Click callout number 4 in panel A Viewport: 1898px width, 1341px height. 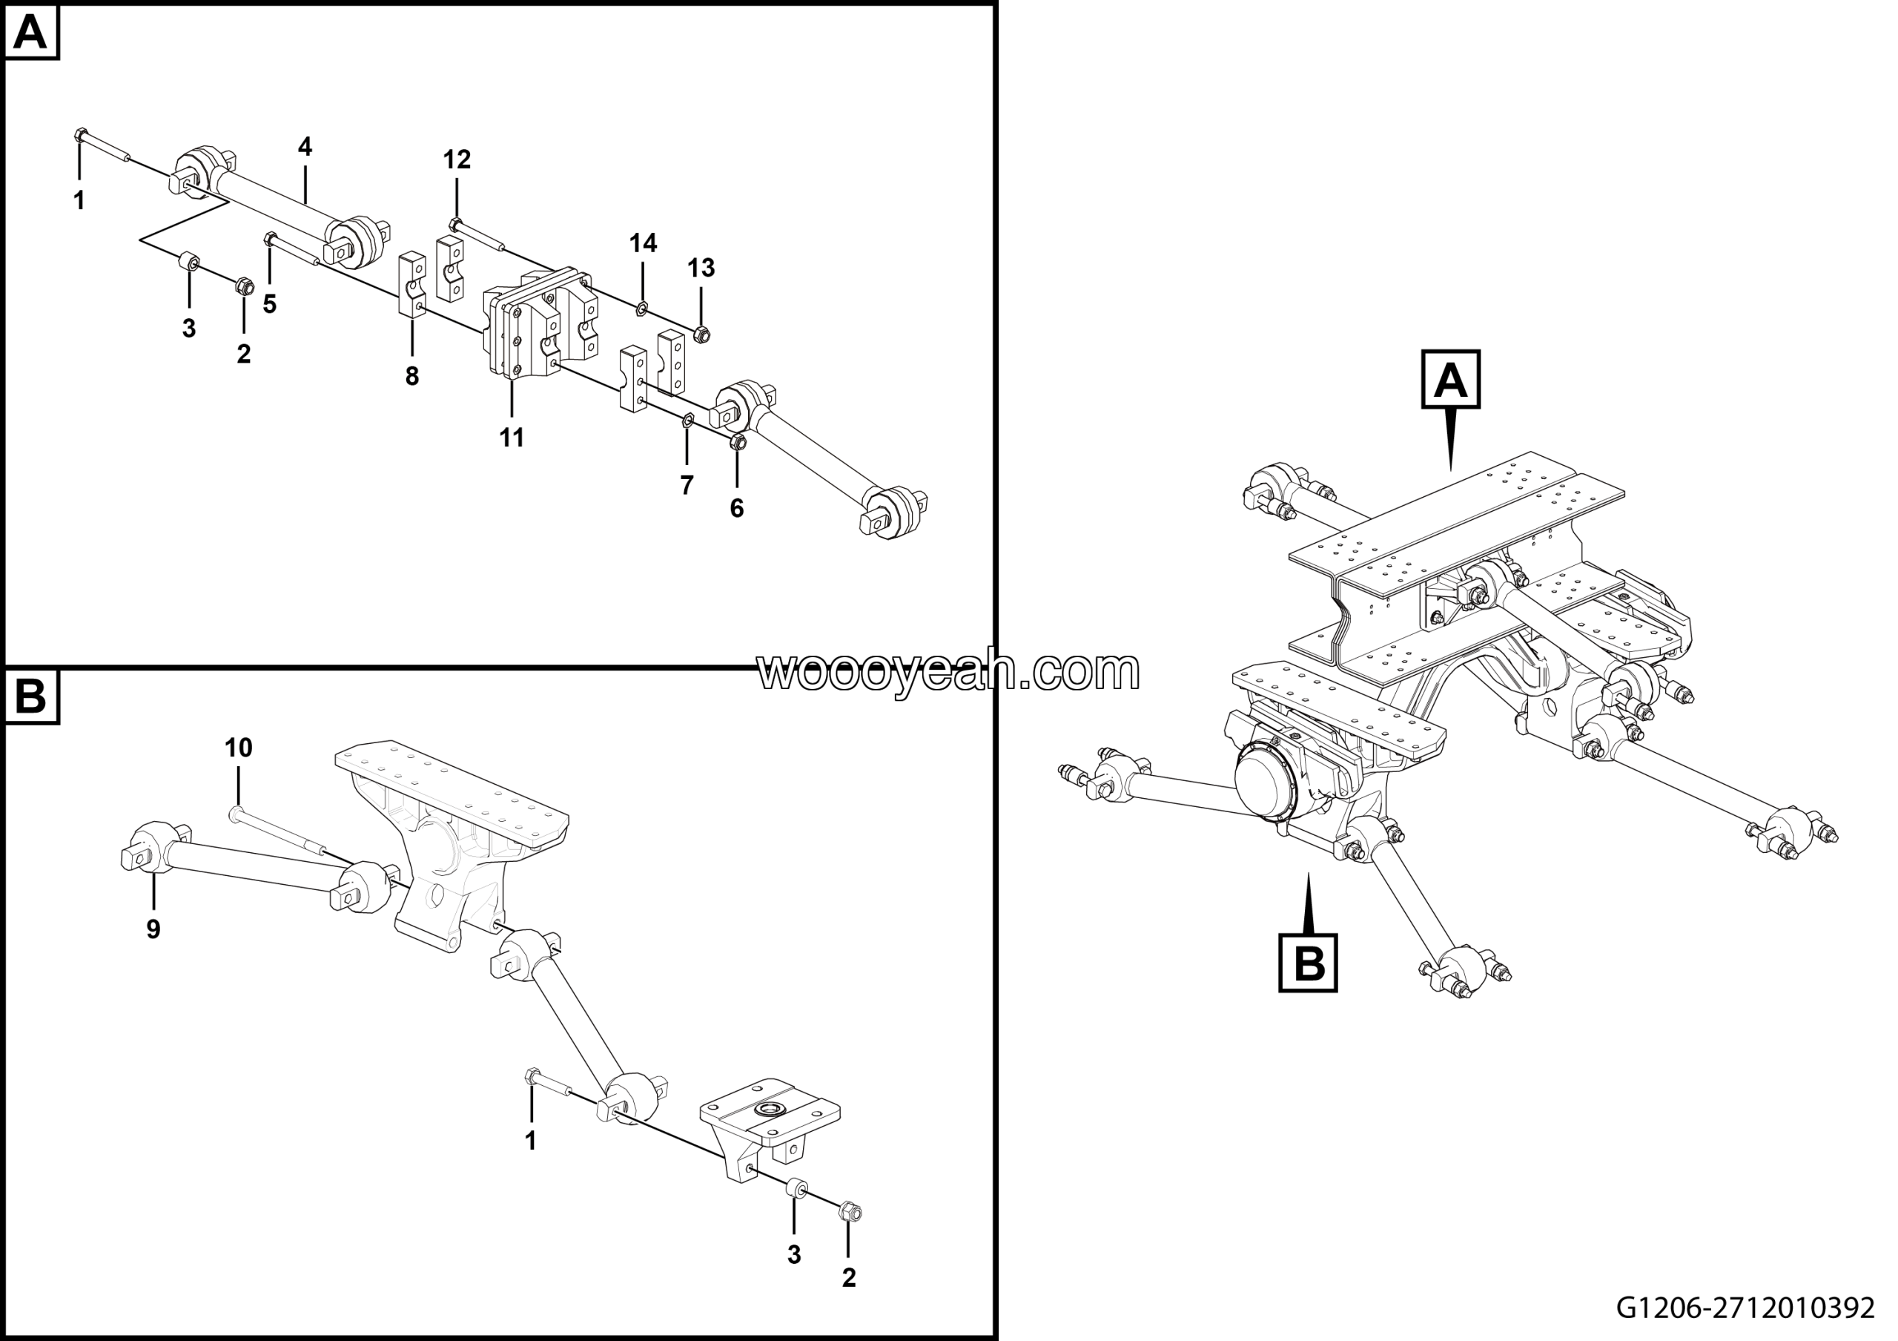click(x=305, y=147)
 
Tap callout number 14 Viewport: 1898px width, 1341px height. click(x=643, y=243)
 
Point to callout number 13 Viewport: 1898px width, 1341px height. click(x=701, y=268)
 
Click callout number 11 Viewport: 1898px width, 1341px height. click(x=512, y=438)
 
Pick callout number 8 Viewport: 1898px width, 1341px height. click(x=411, y=377)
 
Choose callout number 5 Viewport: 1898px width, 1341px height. click(x=269, y=304)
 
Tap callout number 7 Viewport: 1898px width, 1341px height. click(x=687, y=486)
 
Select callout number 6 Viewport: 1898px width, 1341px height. click(x=736, y=509)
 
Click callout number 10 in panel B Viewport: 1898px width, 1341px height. click(x=239, y=748)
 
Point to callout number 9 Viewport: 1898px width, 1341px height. click(x=153, y=929)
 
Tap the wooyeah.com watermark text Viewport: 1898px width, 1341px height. click(x=948, y=671)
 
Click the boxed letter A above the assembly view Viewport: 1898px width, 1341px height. click(x=1450, y=380)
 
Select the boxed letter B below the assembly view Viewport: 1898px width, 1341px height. click(x=1308, y=963)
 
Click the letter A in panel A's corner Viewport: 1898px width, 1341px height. click(x=31, y=33)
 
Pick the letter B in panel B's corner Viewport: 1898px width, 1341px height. click(x=31, y=697)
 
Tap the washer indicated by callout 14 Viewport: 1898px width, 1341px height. click(x=641, y=310)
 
